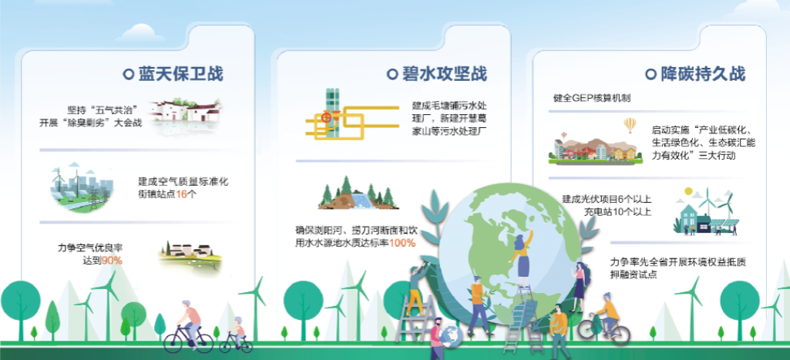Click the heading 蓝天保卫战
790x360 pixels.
pos(180,74)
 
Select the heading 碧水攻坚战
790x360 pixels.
pos(445,74)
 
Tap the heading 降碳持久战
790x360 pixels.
pos(702,74)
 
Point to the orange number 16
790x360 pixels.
pos(181,193)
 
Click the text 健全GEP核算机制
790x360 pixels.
pos(592,99)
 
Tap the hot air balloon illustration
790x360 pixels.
pos(630,124)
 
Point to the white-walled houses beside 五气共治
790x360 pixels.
pos(185,113)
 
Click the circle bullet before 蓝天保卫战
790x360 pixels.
pos(129,74)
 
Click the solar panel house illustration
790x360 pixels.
pos(706,210)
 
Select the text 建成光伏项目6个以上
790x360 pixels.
pos(607,199)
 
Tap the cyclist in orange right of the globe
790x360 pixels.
pos(604,316)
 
